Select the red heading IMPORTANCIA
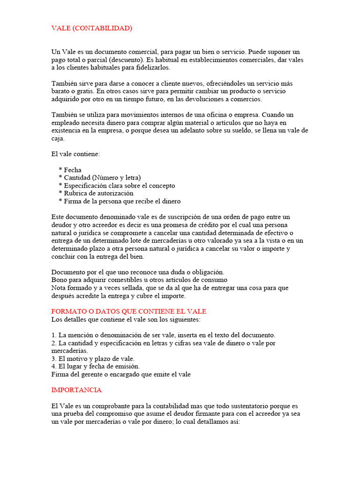click(x=76, y=390)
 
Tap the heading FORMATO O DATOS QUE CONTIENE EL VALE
click(x=128, y=311)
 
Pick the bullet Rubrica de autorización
click(x=96, y=193)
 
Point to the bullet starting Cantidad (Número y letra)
click(x=99, y=178)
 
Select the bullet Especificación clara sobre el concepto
click(x=117, y=186)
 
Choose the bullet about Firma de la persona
click(x=120, y=201)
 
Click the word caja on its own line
click(x=58, y=138)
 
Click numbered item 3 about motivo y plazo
click(x=93, y=359)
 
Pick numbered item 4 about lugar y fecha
click(x=96, y=367)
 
